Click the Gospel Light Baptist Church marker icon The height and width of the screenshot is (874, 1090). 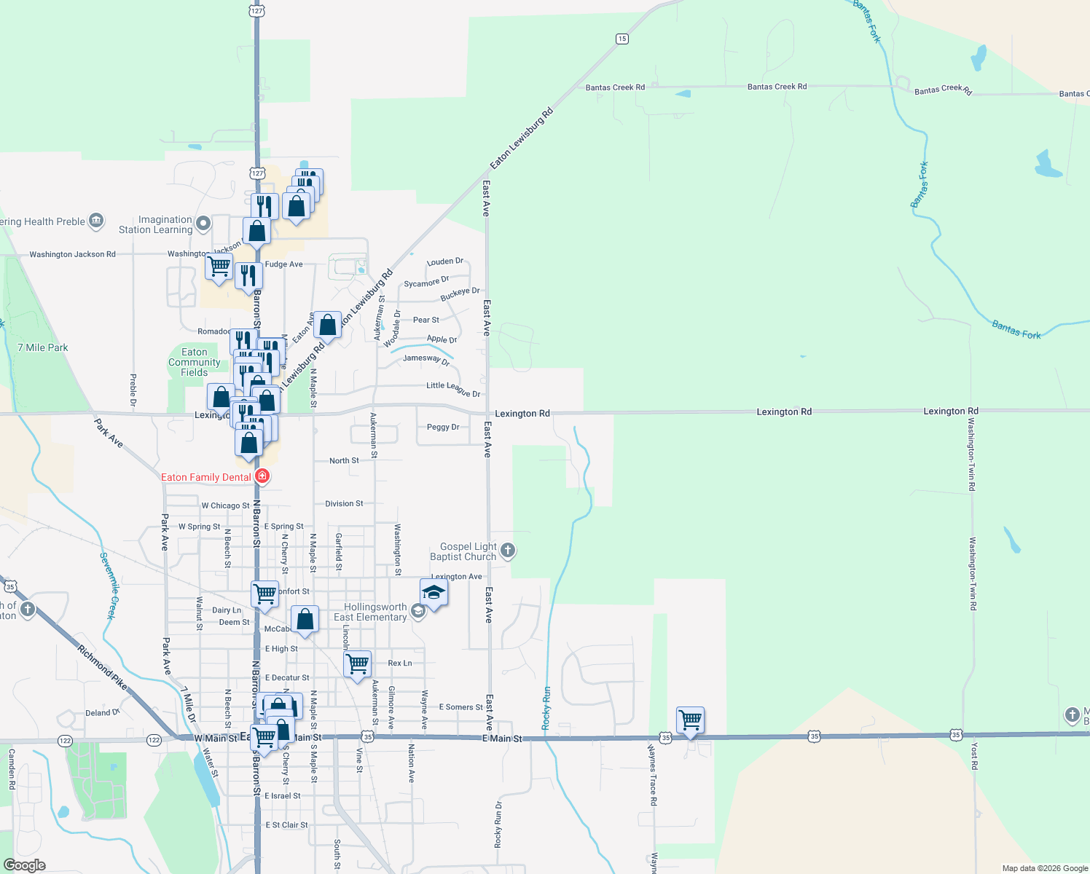point(508,551)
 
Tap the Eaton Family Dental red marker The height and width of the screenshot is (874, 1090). point(263,477)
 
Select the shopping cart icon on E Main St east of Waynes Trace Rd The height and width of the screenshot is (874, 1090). point(690,720)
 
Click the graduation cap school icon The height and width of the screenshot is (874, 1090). point(434,593)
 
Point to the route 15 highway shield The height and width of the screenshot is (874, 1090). point(622,39)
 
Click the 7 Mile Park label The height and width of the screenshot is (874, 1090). point(43,347)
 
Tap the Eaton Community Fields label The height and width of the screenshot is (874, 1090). point(194,362)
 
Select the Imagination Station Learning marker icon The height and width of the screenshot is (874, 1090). point(203,223)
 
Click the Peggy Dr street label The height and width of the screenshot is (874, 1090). point(443,427)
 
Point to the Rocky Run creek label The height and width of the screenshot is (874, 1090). point(546,708)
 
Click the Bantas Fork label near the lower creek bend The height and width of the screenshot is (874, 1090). point(1016,330)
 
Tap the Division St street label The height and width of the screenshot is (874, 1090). point(344,503)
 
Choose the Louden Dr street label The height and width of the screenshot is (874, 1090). point(444,261)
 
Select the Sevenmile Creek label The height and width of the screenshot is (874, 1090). point(108,586)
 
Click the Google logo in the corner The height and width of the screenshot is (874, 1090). point(24,865)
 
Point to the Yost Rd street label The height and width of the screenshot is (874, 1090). point(974,756)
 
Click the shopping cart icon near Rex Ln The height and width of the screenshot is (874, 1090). point(357,664)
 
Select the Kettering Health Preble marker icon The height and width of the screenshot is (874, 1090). point(96,221)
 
